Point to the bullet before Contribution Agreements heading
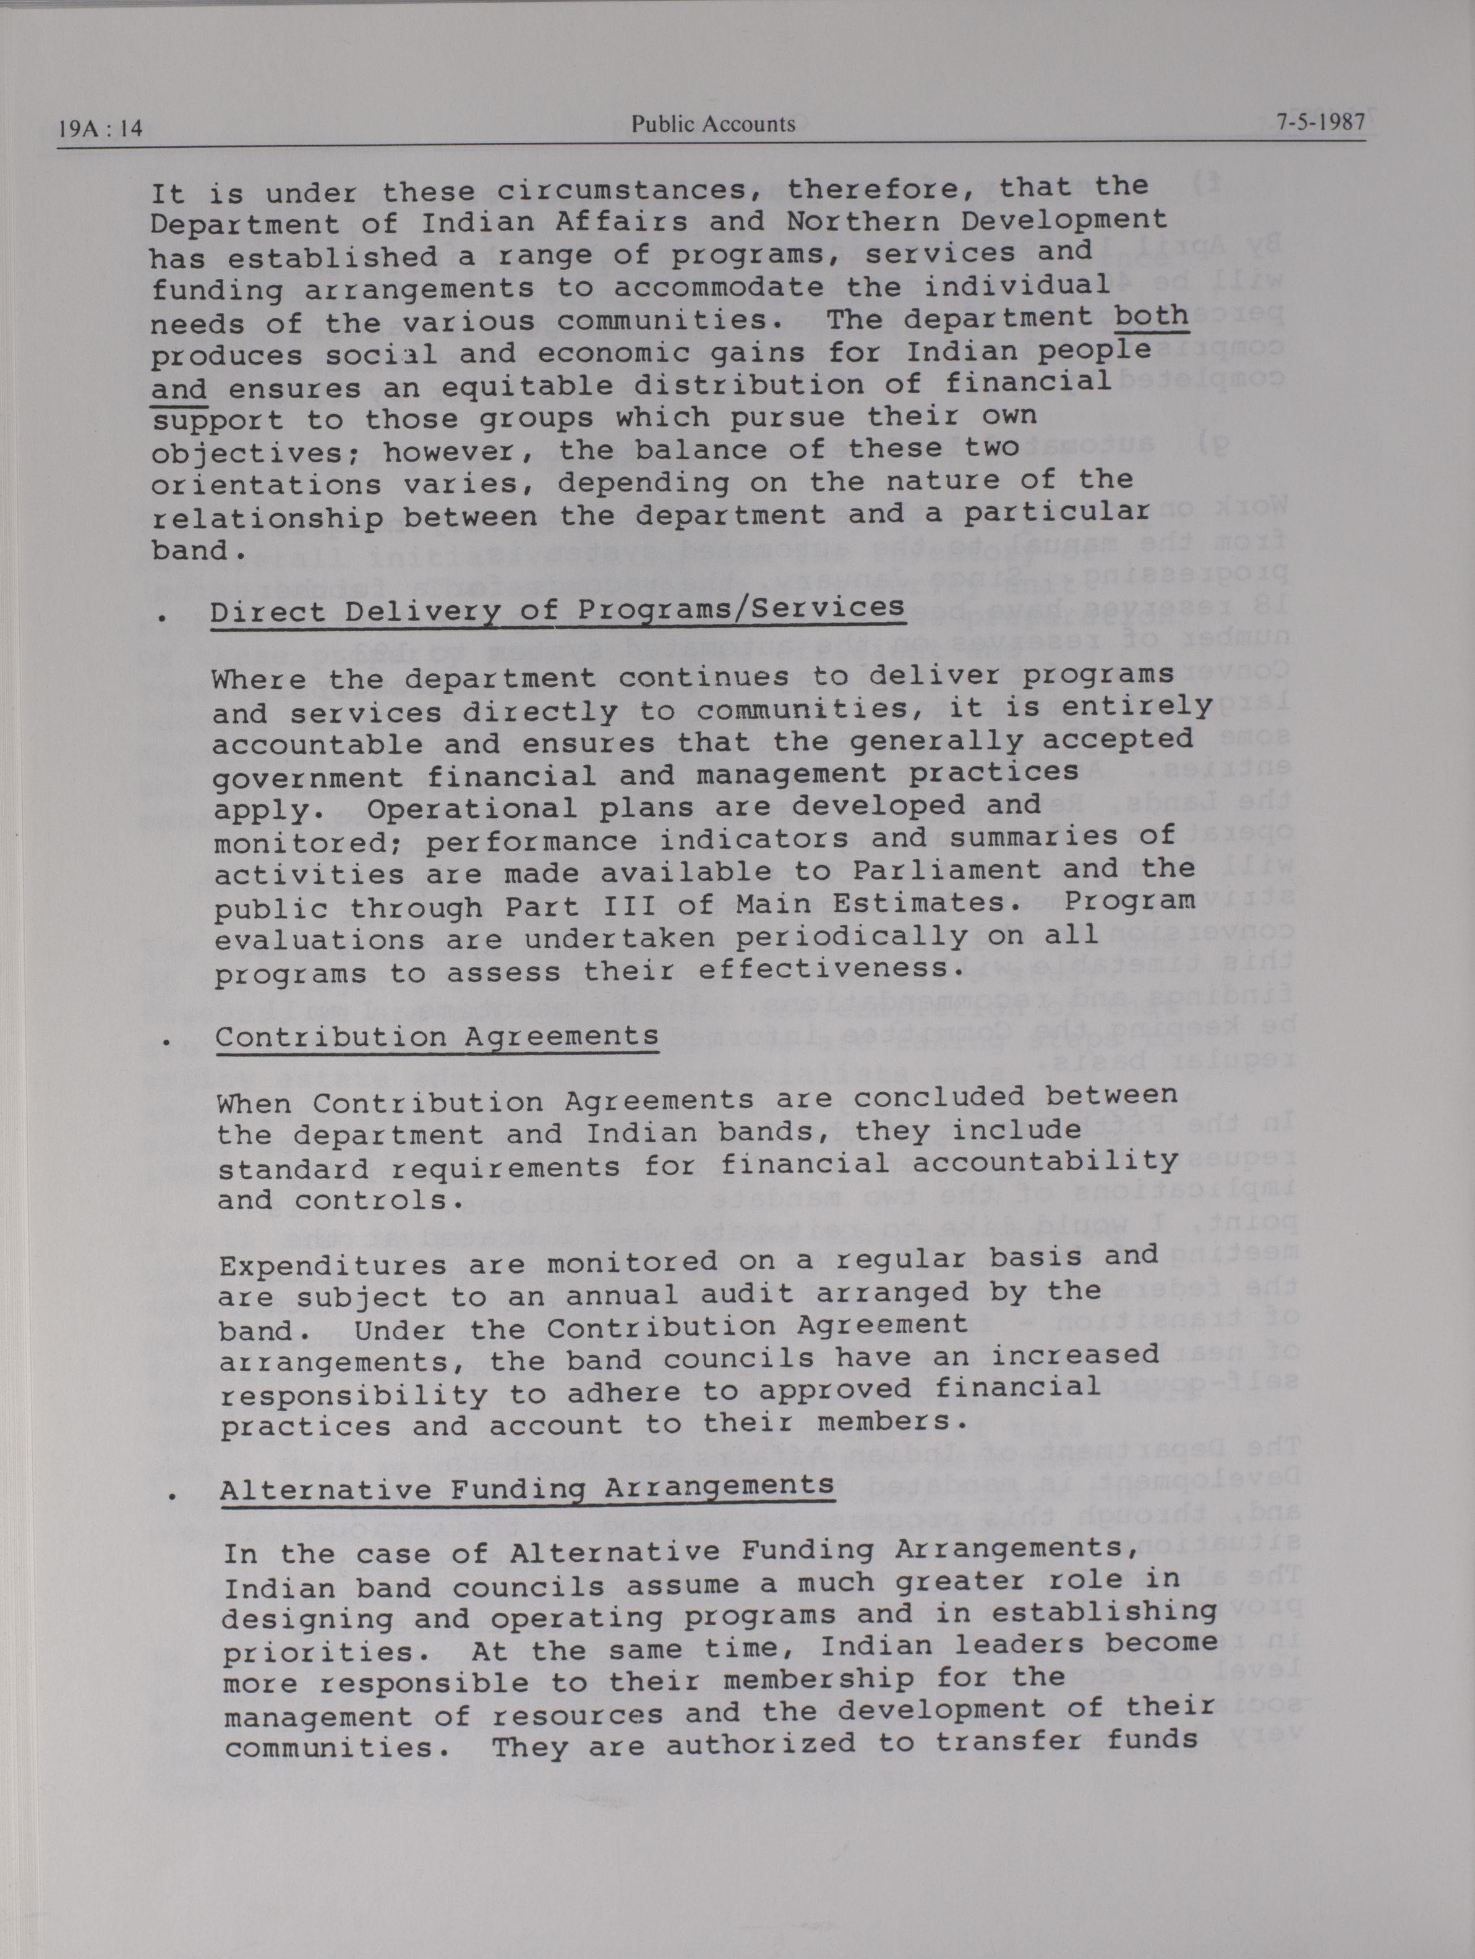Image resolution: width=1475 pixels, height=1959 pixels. [x=166, y=1042]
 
